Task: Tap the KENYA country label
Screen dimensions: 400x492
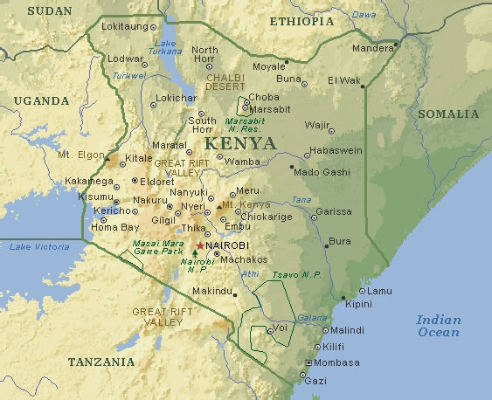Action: point(239,142)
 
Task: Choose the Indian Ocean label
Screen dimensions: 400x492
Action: point(438,325)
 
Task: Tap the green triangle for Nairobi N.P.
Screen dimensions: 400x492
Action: point(194,253)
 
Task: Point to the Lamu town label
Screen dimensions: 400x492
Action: point(380,290)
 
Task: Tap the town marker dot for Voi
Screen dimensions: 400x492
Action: point(268,330)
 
